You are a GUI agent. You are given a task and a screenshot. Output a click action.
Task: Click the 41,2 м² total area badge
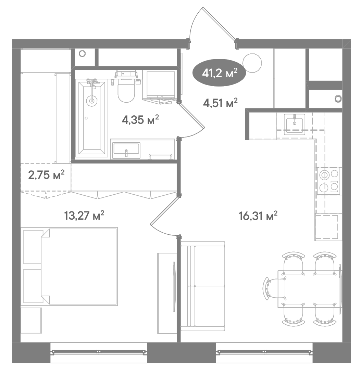click(220, 73)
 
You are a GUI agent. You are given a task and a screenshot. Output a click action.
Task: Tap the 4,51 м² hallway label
click(220, 103)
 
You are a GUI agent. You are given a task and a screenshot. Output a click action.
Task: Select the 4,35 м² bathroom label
click(140, 119)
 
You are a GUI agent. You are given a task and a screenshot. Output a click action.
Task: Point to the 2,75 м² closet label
click(46, 175)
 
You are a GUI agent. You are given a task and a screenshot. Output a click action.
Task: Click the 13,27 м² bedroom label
click(84, 215)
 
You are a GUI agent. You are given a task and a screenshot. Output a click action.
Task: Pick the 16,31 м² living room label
click(258, 216)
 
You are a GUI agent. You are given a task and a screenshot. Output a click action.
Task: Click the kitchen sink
click(295, 124)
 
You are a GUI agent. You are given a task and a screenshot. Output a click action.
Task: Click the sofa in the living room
click(203, 286)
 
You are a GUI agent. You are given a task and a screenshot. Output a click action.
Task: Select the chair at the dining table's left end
click(275, 288)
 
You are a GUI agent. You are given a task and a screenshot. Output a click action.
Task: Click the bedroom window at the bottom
click(99, 352)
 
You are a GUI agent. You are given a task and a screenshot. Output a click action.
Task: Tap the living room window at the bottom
click(264, 352)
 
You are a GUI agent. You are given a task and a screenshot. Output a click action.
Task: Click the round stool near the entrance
click(252, 63)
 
